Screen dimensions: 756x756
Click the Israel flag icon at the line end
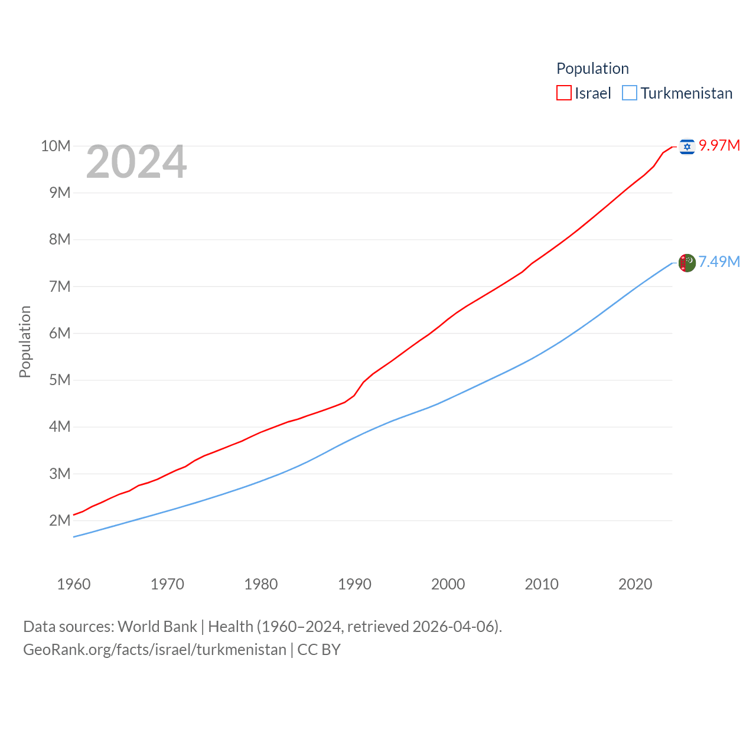pos(687,146)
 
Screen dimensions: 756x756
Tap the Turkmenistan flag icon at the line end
pos(687,263)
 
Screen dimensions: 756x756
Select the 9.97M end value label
pos(719,145)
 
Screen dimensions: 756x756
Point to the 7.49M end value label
pos(719,262)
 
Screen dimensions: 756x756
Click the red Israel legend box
pos(564,93)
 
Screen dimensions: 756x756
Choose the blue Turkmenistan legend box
pos(630,93)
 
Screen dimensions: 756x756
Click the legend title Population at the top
pos(592,69)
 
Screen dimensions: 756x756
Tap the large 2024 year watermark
pos(136,162)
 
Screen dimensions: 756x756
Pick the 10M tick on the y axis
pos(56,146)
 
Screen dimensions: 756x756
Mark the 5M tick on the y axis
pos(60,380)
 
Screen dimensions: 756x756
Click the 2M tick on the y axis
pos(60,520)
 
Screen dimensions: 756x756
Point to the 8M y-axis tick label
pos(60,239)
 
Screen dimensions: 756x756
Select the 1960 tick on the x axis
pos(74,584)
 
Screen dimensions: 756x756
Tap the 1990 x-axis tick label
pos(354,584)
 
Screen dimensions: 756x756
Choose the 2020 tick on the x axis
pos(635,584)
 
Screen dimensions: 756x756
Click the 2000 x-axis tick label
pos(448,584)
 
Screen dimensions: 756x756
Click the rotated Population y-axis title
pos(25,341)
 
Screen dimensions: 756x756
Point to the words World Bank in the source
pos(157,627)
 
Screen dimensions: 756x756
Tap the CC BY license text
pos(319,650)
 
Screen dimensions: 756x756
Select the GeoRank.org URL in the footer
pos(155,650)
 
